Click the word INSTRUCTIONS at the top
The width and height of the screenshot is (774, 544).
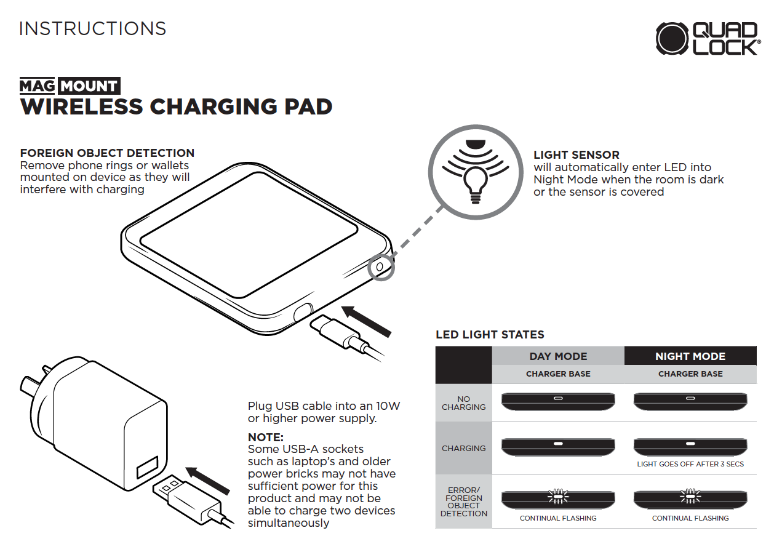pyautogui.click(x=93, y=29)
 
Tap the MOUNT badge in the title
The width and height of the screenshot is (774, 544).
pyautogui.click(x=90, y=86)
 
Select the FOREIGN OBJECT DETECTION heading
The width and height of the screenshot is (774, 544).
pyautogui.click(x=107, y=153)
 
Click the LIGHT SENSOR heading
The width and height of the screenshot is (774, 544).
pyautogui.click(x=576, y=155)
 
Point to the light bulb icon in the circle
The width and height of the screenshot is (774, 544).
pyautogui.click(x=474, y=183)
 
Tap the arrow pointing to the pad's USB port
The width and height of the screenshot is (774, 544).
pyautogui.click(x=367, y=321)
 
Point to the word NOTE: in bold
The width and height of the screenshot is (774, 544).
pyautogui.click(x=265, y=437)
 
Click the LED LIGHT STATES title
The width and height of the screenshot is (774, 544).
pyautogui.click(x=490, y=335)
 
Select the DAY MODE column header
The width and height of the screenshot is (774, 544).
pyautogui.click(x=558, y=356)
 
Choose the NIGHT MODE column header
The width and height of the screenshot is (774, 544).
pyautogui.click(x=690, y=356)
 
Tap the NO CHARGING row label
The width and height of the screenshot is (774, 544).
pyautogui.click(x=463, y=403)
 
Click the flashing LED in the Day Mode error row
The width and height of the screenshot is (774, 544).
pyautogui.click(x=557, y=495)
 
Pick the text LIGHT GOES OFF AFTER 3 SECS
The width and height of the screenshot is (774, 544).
pyautogui.click(x=690, y=464)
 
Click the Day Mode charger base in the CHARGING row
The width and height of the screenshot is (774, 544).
pyautogui.click(x=557, y=446)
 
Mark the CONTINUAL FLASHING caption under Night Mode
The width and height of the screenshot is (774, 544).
pyautogui.click(x=690, y=518)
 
